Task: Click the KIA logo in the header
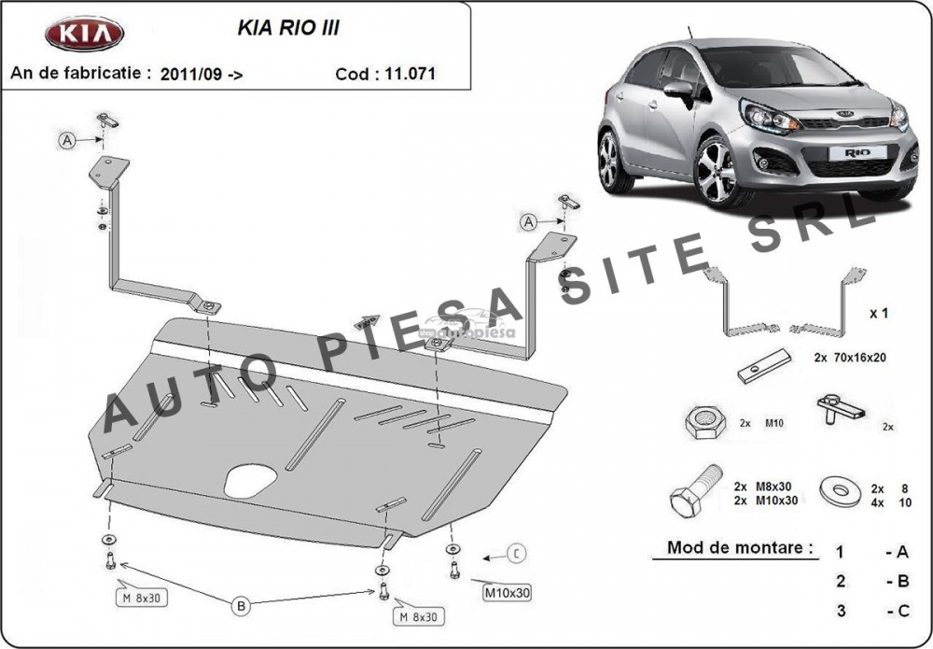pyautogui.click(x=85, y=35)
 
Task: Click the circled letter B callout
pyautogui.click(x=242, y=607)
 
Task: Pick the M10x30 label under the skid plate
pyautogui.click(x=507, y=592)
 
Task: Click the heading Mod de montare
pyautogui.click(x=739, y=547)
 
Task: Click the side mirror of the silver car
pyautogui.click(x=678, y=91)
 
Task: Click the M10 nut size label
pyautogui.click(x=774, y=423)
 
